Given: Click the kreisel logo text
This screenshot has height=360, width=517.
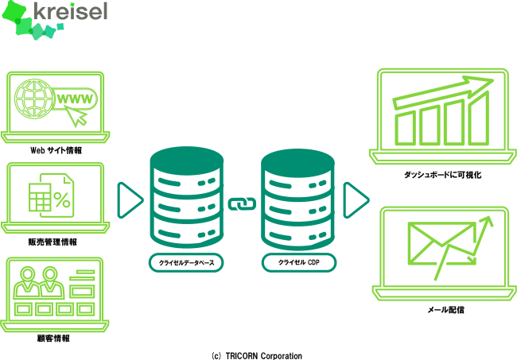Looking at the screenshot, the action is click(x=71, y=11).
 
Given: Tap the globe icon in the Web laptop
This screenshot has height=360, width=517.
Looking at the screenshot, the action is click(x=34, y=99).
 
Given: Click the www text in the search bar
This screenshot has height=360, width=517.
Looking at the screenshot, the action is click(x=75, y=99).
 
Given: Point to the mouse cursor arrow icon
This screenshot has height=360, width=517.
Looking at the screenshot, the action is click(x=76, y=116).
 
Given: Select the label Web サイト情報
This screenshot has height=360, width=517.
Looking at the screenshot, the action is click(x=56, y=150).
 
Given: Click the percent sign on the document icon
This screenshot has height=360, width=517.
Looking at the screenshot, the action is click(x=62, y=199).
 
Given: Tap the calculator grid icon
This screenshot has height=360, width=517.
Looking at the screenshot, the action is click(x=40, y=197).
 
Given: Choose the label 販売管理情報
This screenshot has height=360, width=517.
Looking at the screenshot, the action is click(x=52, y=242).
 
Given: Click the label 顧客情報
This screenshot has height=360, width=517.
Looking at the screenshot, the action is click(x=53, y=339).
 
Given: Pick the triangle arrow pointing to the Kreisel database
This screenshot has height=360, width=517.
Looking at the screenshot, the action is click(x=129, y=200).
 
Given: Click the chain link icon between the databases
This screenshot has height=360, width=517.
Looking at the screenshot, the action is click(x=242, y=204).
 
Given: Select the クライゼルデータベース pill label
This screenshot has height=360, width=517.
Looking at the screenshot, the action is click(x=186, y=263).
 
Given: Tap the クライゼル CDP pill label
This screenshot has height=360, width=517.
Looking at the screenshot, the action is click(x=299, y=262).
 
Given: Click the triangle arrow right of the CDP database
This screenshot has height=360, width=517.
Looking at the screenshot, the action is click(x=356, y=200).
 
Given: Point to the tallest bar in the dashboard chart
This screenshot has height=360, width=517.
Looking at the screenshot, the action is click(x=478, y=118).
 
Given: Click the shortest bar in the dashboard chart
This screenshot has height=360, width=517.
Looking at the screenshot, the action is click(x=405, y=128).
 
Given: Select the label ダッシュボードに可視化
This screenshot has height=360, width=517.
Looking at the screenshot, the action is click(x=442, y=175).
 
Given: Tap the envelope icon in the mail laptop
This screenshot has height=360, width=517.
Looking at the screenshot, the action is click(x=441, y=243).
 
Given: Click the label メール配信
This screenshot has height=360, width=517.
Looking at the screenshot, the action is click(x=445, y=310).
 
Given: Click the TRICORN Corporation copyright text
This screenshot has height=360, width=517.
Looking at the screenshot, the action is click(x=257, y=356).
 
